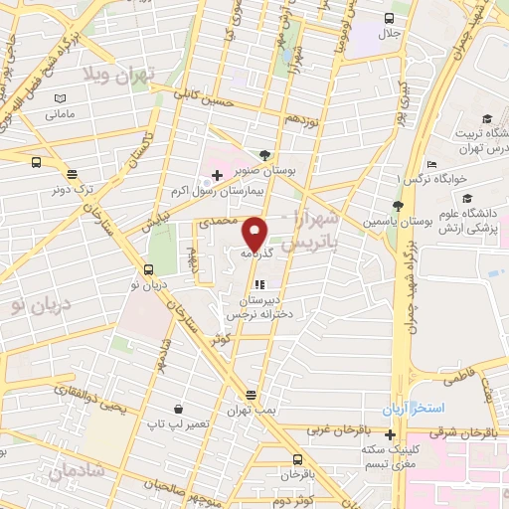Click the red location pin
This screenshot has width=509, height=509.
click(x=255, y=234)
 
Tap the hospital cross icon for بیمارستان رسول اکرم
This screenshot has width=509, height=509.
click(x=218, y=175)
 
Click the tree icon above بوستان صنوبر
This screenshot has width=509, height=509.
click(x=264, y=154)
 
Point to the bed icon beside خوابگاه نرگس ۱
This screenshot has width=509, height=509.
click(x=431, y=164)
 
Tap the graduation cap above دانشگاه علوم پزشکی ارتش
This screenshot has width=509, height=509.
click(x=466, y=199)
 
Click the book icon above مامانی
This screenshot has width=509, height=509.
click(x=60, y=99)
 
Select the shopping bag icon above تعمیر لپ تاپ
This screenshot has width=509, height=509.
click(x=178, y=408)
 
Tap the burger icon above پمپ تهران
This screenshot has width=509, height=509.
click(x=251, y=395)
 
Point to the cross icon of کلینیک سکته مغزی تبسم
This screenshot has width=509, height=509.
click(x=390, y=434)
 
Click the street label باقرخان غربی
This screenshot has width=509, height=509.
click(x=336, y=429)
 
